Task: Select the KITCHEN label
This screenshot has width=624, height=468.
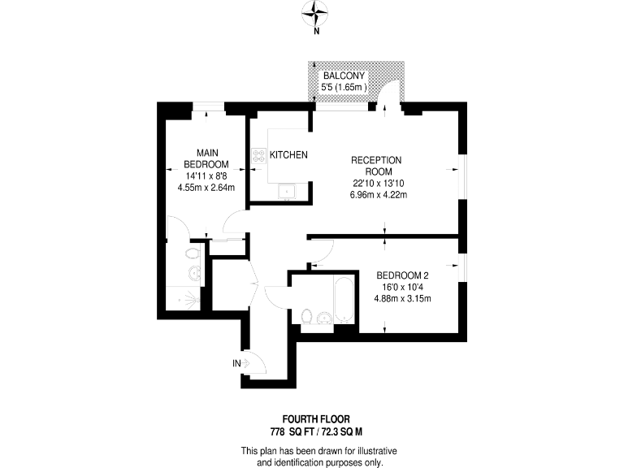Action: pos(288,155)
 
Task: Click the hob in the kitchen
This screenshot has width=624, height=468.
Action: pos(260,155)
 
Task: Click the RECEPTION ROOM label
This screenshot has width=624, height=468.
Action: pos(377,166)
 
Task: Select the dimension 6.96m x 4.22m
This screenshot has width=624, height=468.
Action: pos(377,195)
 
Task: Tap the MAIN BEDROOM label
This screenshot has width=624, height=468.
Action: pos(206,158)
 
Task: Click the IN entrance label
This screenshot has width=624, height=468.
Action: pos(236,363)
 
